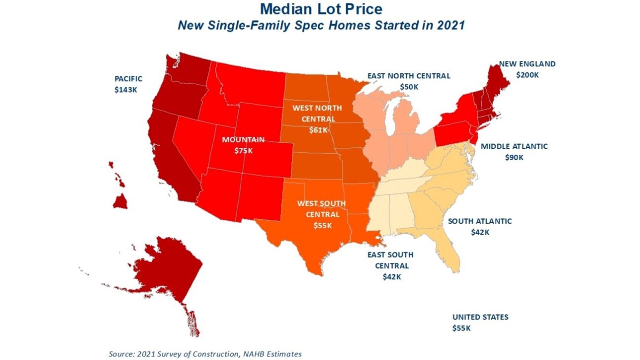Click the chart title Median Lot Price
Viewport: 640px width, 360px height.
(x=321, y=9)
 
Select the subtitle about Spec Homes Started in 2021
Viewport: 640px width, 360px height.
(x=321, y=25)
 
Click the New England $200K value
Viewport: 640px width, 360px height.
(x=527, y=75)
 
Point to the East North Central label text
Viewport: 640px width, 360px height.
(x=409, y=76)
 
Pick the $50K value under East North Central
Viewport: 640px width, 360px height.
(x=409, y=86)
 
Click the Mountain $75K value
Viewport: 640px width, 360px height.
(x=244, y=150)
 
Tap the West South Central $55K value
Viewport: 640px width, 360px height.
(x=322, y=225)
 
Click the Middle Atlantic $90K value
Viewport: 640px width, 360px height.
(x=514, y=158)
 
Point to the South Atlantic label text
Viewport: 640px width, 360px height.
(x=480, y=221)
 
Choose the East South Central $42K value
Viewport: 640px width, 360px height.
(x=391, y=277)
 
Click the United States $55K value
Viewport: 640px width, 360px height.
(x=461, y=328)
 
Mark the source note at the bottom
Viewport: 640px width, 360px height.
(x=205, y=354)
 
